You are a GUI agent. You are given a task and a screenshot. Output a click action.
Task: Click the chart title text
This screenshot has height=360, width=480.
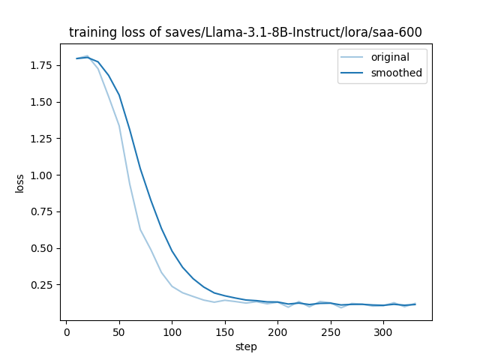245,32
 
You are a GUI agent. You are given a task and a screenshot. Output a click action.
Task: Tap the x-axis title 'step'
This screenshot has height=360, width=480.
246,346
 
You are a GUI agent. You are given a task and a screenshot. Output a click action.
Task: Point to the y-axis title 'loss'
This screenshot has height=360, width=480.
20,183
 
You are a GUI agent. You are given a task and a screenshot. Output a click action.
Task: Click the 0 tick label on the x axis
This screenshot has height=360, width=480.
66,332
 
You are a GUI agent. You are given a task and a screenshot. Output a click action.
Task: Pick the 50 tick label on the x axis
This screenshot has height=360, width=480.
118,332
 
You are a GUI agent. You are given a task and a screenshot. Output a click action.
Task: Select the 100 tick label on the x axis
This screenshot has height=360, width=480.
172,332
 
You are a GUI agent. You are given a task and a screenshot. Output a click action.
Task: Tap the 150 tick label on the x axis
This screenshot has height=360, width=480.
224,332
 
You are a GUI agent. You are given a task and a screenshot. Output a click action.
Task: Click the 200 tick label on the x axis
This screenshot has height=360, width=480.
277,332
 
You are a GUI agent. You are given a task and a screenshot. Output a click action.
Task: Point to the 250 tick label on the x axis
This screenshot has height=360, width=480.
330,332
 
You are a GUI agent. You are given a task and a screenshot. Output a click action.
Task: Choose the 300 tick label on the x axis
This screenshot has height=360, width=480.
383,332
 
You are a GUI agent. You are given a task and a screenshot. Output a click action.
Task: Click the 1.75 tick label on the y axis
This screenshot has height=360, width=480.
42,65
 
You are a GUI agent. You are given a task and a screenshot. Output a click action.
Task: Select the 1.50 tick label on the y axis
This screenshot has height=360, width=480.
42,102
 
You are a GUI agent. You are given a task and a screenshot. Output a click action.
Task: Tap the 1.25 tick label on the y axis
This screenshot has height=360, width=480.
42,139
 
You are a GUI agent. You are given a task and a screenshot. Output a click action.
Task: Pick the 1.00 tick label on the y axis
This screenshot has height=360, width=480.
42,175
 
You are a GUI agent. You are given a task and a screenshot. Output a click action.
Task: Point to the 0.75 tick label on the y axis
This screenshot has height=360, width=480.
42,211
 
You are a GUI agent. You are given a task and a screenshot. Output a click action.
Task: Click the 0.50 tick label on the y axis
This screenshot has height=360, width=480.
42,248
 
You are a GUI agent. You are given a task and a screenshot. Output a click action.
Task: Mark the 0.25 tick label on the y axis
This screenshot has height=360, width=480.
42,285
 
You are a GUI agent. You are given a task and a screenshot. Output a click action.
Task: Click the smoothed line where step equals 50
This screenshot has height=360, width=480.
118,95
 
